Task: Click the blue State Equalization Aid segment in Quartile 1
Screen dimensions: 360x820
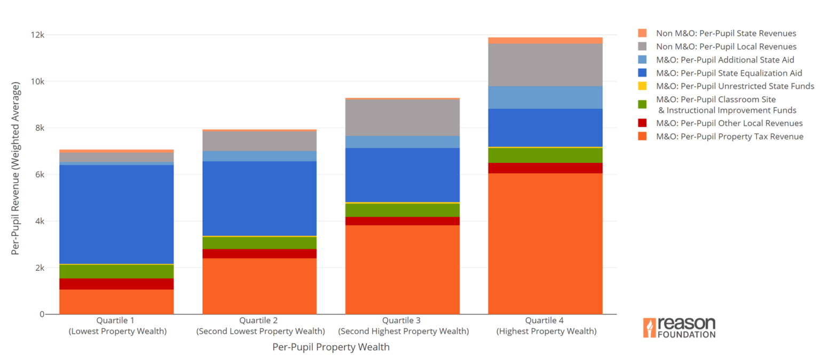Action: pyautogui.click(x=116, y=214)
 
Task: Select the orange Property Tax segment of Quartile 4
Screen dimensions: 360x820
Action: pyautogui.click(x=545, y=243)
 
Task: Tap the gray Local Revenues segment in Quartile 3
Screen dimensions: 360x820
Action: pyautogui.click(x=402, y=118)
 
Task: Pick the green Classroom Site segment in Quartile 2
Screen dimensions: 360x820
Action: pyautogui.click(x=259, y=243)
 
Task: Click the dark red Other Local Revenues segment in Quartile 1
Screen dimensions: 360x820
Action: pyautogui.click(x=116, y=284)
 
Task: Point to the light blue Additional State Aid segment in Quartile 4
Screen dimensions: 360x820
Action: pyautogui.click(x=545, y=97)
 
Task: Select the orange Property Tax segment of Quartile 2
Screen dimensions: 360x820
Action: pyautogui.click(x=259, y=286)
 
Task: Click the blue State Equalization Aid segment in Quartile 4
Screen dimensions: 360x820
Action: pyautogui.click(x=545, y=127)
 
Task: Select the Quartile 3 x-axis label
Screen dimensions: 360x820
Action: pyautogui.click(x=402, y=326)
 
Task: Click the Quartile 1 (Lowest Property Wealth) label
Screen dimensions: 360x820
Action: pyautogui.click(x=116, y=326)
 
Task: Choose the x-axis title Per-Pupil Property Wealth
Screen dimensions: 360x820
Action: pyautogui.click(x=331, y=347)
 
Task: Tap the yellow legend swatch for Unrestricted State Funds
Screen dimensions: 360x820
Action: pyautogui.click(x=642, y=86)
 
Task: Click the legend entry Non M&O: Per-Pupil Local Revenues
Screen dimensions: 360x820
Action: pyautogui.click(x=726, y=46)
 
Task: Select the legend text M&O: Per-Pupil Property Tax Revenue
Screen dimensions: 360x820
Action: pyautogui.click(x=729, y=136)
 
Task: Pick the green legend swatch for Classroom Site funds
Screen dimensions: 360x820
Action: pyautogui.click(x=642, y=104)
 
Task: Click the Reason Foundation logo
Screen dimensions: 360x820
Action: pyautogui.click(x=679, y=327)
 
